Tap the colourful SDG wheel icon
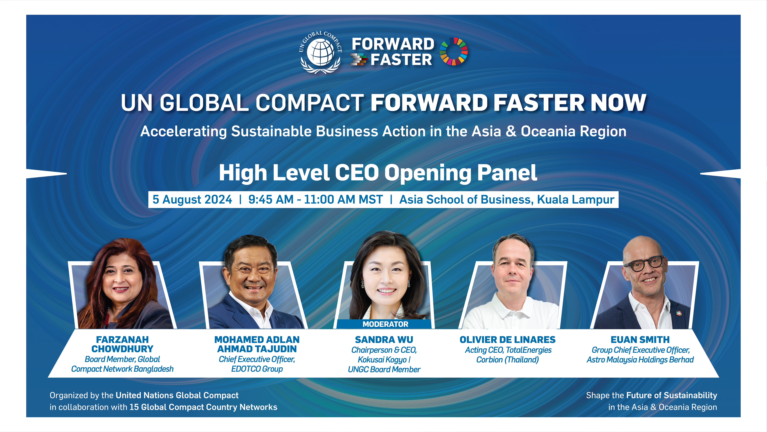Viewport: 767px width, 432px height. (x=453, y=51)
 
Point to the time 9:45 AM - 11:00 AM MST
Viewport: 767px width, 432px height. (x=315, y=199)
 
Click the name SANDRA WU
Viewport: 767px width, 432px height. (x=384, y=340)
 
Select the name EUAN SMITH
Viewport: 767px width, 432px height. (x=640, y=340)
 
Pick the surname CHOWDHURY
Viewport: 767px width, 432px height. (x=122, y=349)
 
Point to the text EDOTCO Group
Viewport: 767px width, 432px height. (x=257, y=369)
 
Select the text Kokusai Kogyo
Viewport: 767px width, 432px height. (x=382, y=360)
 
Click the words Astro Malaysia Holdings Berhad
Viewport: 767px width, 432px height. (x=640, y=360)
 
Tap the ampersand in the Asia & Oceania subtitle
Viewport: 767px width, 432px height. (x=511, y=131)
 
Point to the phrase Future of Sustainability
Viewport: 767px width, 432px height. (x=672, y=395)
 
